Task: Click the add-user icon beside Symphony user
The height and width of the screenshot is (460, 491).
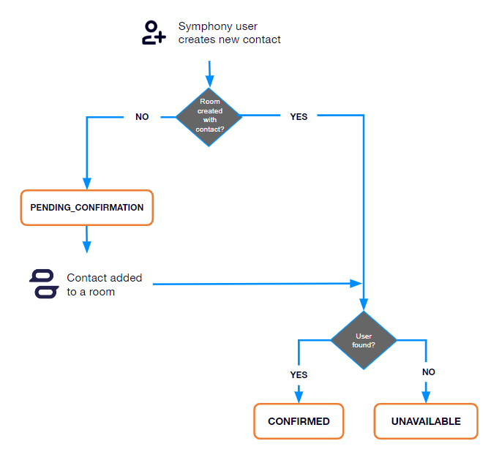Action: [153, 34]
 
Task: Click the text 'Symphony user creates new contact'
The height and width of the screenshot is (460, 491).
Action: [229, 34]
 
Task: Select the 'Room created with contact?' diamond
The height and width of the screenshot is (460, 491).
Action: [209, 116]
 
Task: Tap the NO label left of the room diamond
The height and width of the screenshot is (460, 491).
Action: [142, 116]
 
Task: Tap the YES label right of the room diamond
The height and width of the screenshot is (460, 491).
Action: [299, 116]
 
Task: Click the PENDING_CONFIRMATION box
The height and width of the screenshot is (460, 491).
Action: [87, 208]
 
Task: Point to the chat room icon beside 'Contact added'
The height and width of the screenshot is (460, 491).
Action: [43, 284]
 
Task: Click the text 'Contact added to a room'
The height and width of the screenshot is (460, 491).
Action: [104, 284]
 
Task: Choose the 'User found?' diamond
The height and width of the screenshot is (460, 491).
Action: [364, 340]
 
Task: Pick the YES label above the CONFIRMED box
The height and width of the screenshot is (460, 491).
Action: [299, 374]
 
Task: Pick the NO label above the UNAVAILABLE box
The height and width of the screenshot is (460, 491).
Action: [428, 372]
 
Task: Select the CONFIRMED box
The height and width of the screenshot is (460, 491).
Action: [299, 421]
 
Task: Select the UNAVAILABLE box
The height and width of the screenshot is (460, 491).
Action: [427, 421]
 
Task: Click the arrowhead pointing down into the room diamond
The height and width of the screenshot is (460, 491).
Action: [210, 81]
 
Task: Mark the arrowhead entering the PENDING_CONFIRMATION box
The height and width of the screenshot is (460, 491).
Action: [87, 184]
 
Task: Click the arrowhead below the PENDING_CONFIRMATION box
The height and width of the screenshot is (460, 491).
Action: [87, 246]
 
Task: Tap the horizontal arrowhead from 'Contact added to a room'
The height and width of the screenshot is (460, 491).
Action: [358, 283]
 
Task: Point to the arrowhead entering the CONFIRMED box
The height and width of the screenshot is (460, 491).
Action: [299, 398]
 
